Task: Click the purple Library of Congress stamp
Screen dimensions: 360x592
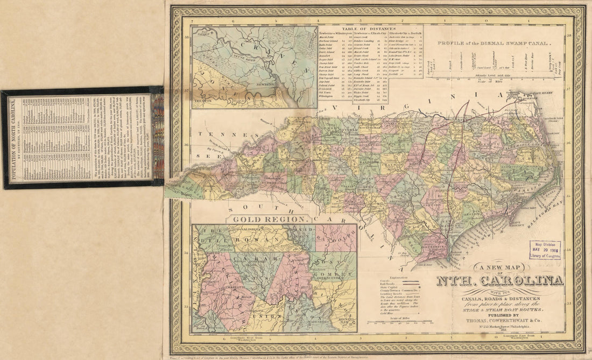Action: tap(545, 250)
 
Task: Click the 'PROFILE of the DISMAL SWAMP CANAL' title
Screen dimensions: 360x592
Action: tap(494, 43)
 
